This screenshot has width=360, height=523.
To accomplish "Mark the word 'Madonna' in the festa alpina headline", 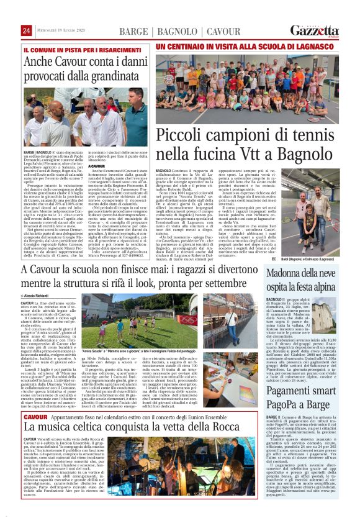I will click(290, 276).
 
